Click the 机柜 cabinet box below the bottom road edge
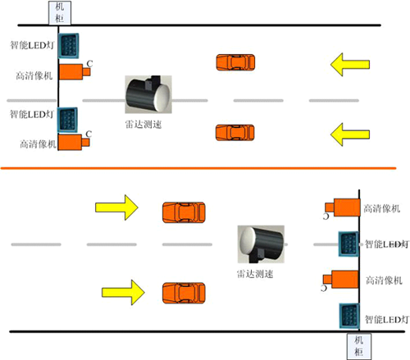click(358, 344)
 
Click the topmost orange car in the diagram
click(235, 62)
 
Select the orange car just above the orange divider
click(234, 132)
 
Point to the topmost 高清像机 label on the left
click(36, 75)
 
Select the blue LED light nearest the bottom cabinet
click(349, 317)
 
